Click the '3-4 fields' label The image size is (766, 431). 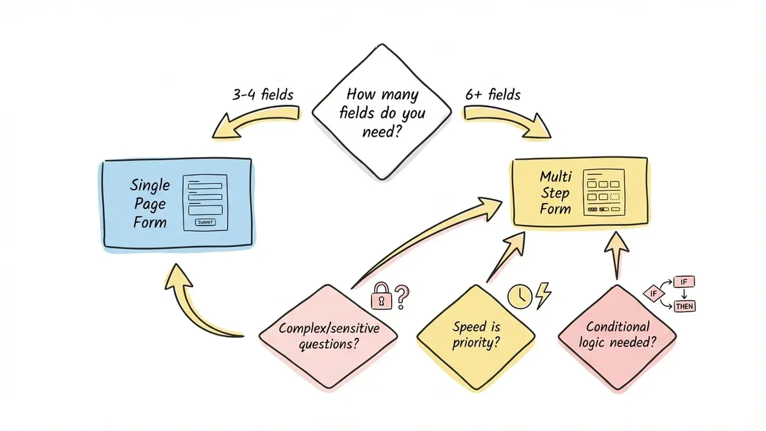point(262,95)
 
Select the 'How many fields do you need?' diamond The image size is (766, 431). point(381,112)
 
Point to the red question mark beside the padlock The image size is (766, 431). point(401,296)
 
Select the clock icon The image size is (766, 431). point(519,296)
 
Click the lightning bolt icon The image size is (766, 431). point(543,296)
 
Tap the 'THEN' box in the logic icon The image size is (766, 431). point(684,306)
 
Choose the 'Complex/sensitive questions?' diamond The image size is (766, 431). point(329,336)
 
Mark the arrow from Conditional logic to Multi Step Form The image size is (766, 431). point(617,255)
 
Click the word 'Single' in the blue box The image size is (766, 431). point(150,185)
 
